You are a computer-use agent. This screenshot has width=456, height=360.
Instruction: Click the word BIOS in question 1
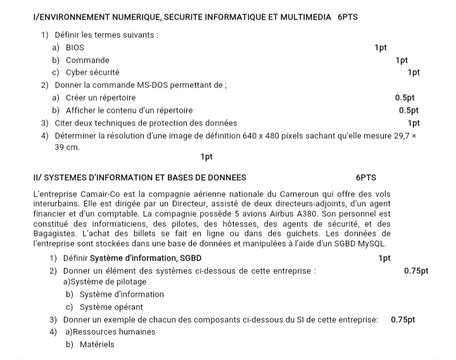[75, 48]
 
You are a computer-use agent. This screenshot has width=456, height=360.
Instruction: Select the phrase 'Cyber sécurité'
[92, 72]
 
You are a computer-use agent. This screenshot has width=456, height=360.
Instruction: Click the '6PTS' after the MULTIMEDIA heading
[348, 17]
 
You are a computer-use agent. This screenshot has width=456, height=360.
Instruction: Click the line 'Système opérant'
[111, 307]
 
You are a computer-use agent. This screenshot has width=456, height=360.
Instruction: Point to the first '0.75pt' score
[416, 271]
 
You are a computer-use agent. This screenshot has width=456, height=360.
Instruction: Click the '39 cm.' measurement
[67, 147]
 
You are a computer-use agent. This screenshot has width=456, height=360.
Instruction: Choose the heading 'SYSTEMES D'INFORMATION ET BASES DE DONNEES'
[140, 177]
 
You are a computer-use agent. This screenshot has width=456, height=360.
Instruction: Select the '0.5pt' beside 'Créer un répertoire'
[405, 98]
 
